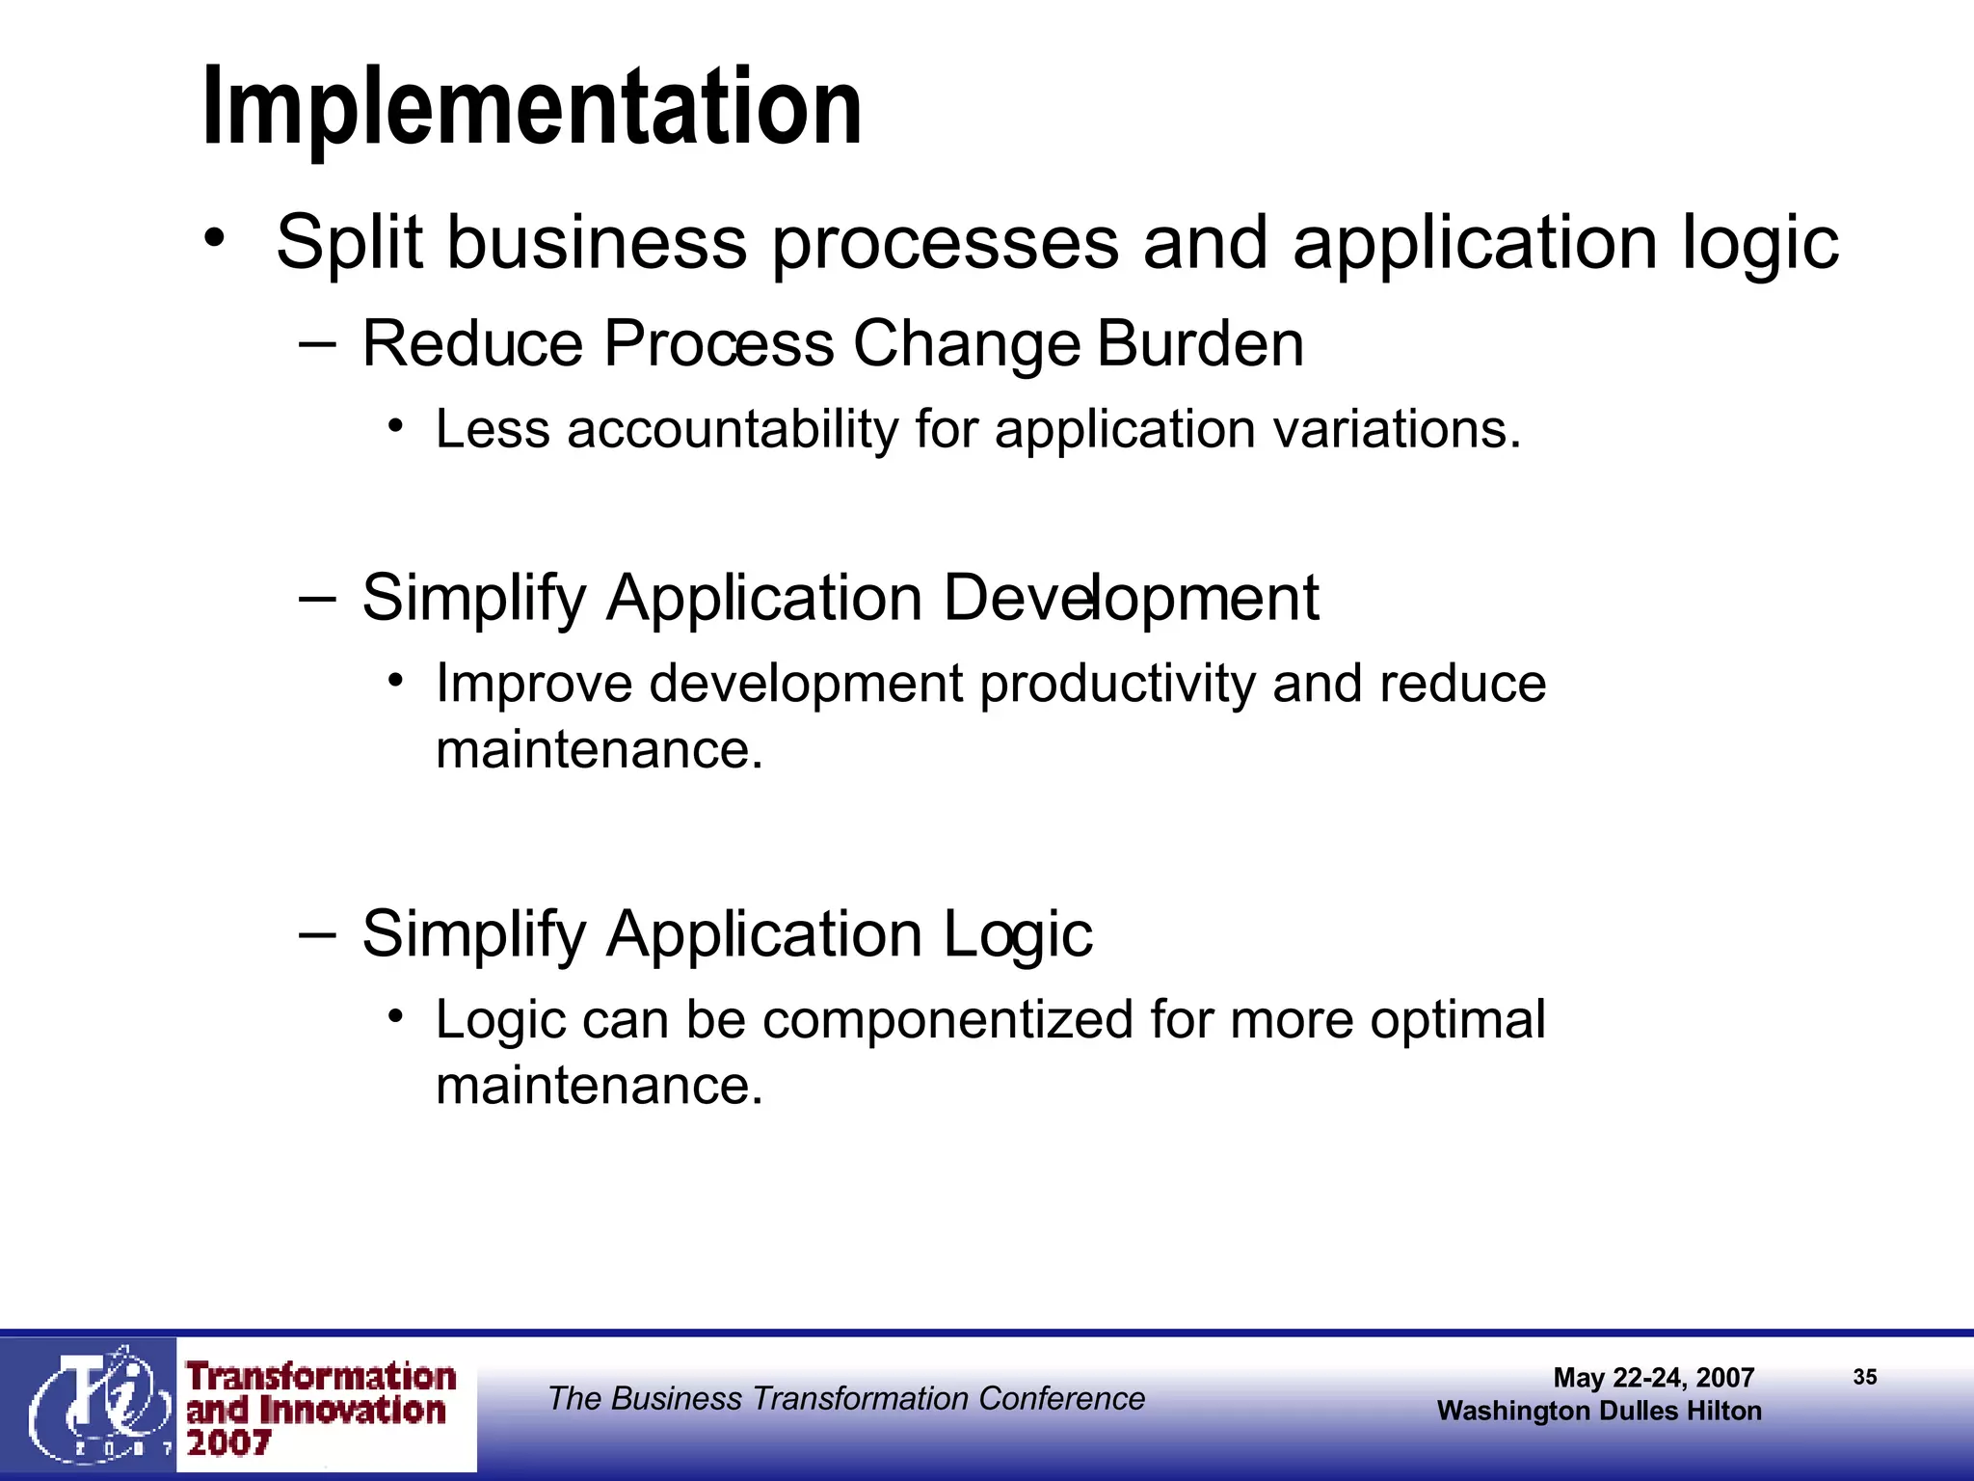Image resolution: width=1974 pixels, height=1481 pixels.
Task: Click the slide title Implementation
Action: (532, 106)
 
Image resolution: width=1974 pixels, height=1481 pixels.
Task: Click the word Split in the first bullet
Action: (349, 243)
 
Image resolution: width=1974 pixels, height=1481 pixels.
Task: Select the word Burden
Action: (1200, 343)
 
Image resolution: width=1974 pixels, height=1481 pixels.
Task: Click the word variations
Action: (1397, 429)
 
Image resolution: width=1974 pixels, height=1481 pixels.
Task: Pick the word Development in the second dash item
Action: (1130, 598)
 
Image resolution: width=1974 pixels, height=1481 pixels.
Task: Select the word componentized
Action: (947, 1020)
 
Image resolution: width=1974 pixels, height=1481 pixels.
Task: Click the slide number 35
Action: (1864, 1377)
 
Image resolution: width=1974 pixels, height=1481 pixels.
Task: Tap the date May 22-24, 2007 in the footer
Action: (1653, 1377)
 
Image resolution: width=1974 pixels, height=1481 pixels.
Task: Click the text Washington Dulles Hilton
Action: (1598, 1411)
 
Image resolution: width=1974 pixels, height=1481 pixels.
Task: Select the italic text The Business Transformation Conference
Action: (845, 1398)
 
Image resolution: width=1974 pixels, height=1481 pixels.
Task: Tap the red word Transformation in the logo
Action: (321, 1376)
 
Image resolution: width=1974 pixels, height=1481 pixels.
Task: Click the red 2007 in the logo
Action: (228, 1443)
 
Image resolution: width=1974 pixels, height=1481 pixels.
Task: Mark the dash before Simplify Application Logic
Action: (317, 933)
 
